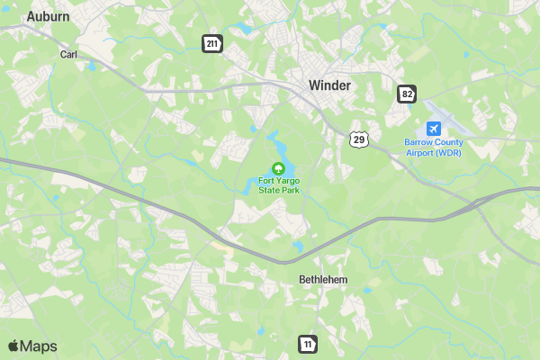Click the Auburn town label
point(49,16)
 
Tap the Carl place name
point(68,54)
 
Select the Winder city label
point(329,85)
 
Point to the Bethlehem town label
point(323,280)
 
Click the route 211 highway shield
point(211,44)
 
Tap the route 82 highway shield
point(408,94)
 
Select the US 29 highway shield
point(359,139)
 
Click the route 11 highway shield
point(309,343)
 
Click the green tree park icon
point(279,168)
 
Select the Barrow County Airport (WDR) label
point(434,148)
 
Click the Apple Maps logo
point(32,346)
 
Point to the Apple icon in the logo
point(13,346)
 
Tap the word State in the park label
point(269,191)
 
